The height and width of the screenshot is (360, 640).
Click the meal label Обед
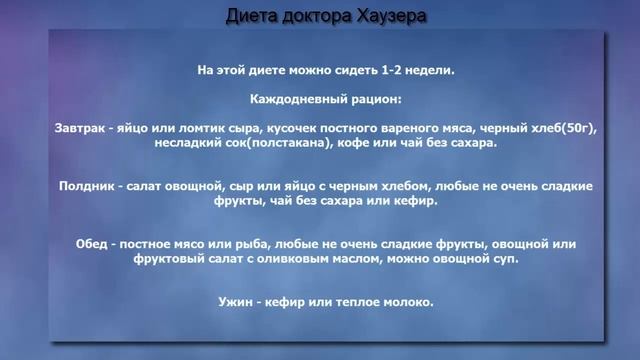pyautogui.click(x=93, y=243)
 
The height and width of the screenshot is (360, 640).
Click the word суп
pyautogui.click(x=504, y=259)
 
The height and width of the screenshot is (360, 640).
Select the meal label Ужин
pyautogui.click(x=232, y=301)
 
